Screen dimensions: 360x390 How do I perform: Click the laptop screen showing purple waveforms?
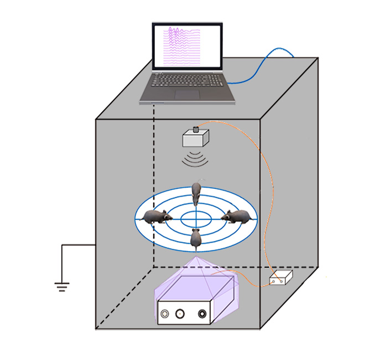pos(187,47)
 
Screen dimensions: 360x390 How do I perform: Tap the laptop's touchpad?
pos(188,94)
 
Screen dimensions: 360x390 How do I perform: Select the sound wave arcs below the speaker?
pos(196,160)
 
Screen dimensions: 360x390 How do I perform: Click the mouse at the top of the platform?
pos(196,193)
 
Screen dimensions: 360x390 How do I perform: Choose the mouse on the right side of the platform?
pos(237,217)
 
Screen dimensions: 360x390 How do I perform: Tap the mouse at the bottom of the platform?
pos(195,238)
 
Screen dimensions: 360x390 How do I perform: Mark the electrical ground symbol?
pos(61,286)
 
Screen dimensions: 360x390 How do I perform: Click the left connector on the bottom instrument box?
pos(165,316)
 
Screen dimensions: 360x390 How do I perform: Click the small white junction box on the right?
pos(280,279)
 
